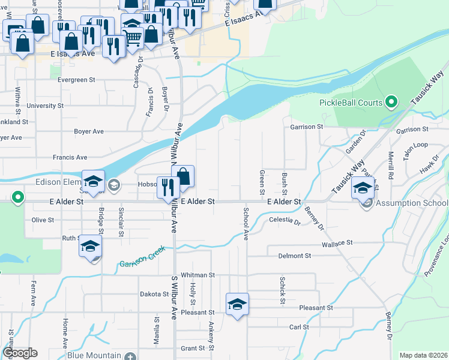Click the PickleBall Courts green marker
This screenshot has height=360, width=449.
(x=392, y=102)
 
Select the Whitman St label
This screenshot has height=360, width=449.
(x=197, y=275)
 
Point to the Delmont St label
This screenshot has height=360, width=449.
(x=294, y=256)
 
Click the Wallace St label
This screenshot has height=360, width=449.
(x=336, y=243)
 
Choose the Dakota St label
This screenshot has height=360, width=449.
(x=155, y=294)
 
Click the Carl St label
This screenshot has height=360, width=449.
(x=298, y=327)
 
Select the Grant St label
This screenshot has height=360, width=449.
(x=193, y=348)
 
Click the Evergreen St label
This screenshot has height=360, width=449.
(x=76, y=79)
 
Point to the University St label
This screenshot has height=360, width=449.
(x=45, y=106)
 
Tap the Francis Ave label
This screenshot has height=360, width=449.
(x=70, y=157)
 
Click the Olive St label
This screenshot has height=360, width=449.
(x=43, y=220)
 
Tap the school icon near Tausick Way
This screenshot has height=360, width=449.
(x=363, y=187)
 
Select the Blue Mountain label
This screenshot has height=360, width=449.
(x=94, y=355)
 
